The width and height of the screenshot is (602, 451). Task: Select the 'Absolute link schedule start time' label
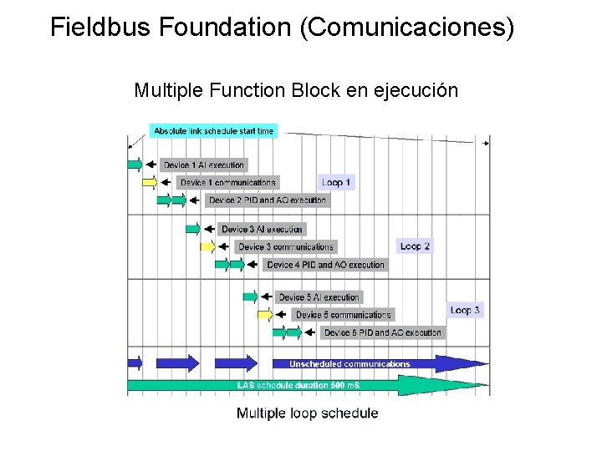[214, 131]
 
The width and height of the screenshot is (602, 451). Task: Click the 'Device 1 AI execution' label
[203, 165]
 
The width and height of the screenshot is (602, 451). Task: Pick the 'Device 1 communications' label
[227, 182]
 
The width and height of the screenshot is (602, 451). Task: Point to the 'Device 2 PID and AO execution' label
[268, 200]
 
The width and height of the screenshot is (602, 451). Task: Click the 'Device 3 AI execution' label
[262, 229]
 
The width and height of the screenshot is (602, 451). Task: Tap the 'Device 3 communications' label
[286, 246]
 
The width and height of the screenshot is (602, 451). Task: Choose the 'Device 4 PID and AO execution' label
[326, 265]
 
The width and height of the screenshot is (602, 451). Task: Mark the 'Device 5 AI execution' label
[319, 296]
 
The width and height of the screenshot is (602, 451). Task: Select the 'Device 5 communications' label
[343, 315]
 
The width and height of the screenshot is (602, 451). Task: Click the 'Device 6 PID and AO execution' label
[383, 332]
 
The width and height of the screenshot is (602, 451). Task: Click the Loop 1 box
[337, 181]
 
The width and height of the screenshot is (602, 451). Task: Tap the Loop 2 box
[416, 246]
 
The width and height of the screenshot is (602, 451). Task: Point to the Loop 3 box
[465, 310]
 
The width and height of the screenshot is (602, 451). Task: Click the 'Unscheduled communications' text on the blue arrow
[349, 363]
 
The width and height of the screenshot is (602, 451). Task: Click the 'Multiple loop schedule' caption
[307, 413]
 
